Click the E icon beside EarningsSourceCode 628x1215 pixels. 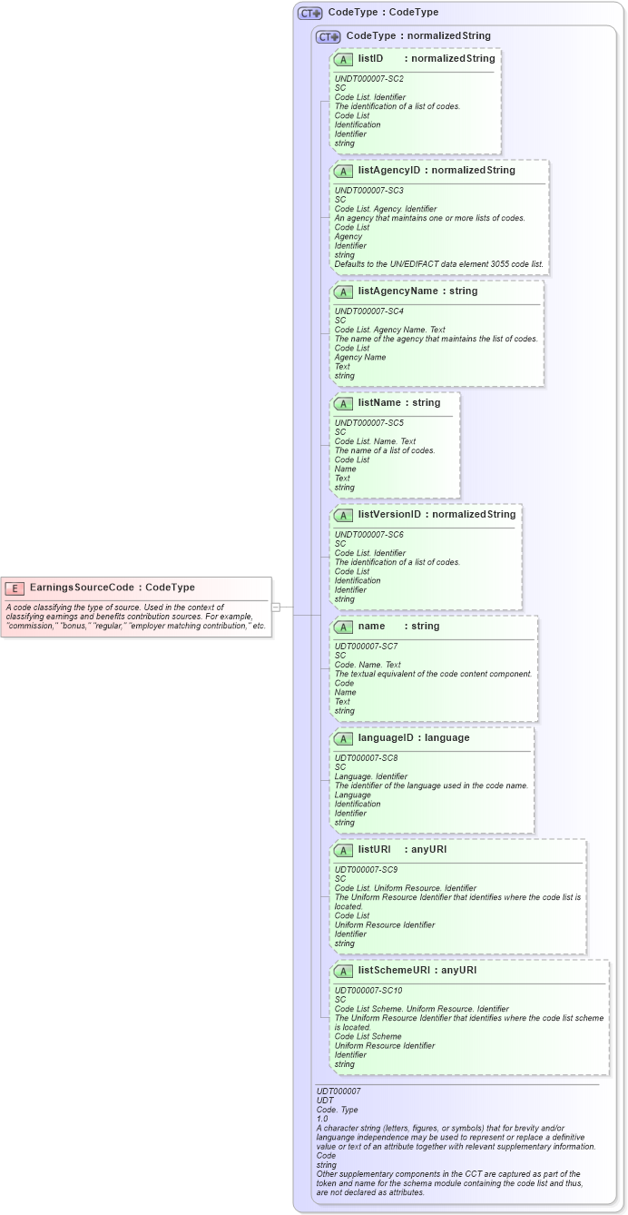15,588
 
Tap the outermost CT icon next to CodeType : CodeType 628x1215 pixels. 310,13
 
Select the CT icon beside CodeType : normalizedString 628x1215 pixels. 328,36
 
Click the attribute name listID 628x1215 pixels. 371,58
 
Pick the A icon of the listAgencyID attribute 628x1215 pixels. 343,171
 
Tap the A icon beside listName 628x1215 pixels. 343,403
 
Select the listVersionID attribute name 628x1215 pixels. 389,515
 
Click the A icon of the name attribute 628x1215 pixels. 343,627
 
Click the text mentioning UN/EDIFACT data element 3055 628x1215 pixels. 438,264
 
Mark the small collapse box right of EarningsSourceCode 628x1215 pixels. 276,607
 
